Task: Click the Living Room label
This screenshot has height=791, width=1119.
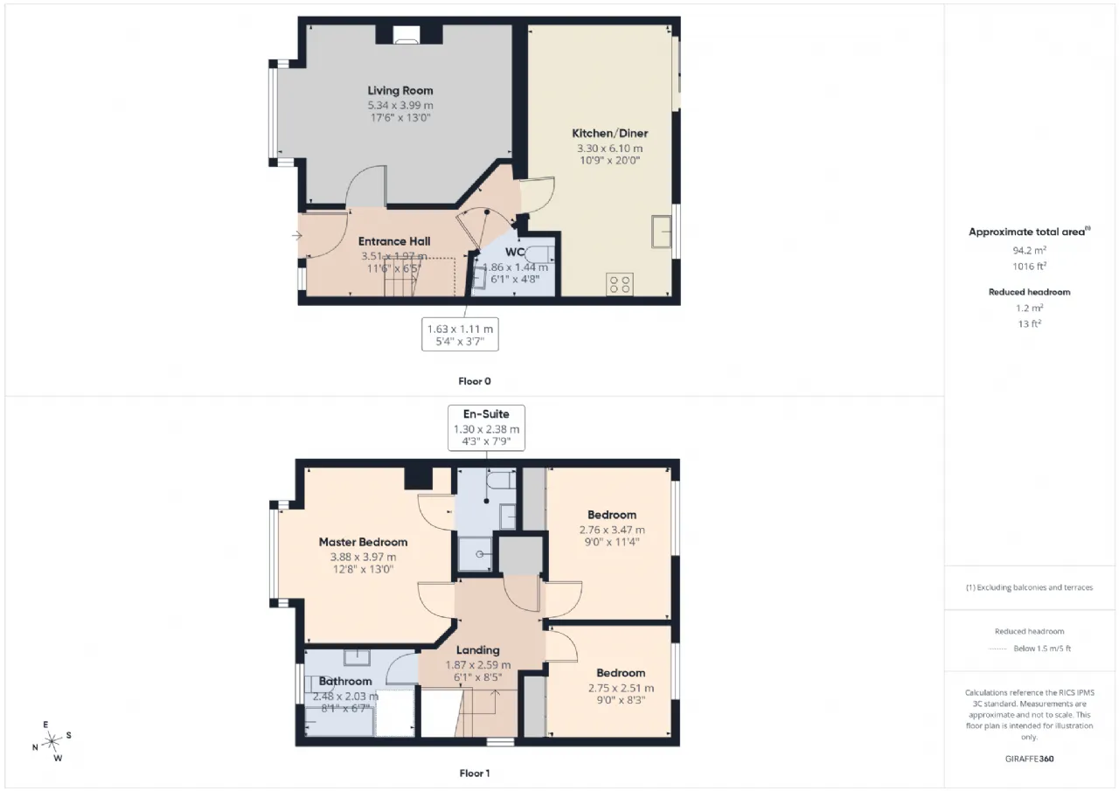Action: point(400,90)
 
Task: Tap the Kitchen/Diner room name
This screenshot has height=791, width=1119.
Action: point(609,134)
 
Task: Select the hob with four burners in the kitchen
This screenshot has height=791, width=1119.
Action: point(620,284)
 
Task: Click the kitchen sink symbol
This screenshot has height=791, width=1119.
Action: point(662,232)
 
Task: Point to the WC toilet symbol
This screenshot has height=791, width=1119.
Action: point(540,254)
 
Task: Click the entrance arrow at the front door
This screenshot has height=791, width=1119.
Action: point(297,235)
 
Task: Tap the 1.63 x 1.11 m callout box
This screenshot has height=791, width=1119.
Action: point(460,334)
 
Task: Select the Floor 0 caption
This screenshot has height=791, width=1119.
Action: point(475,381)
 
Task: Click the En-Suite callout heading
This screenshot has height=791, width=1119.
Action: point(486,414)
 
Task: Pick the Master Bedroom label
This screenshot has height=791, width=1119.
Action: point(363,542)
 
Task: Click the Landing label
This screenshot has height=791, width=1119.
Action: point(477,650)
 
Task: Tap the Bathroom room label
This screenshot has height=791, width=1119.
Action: point(345,681)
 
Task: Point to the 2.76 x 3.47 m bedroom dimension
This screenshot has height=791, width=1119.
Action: point(612,530)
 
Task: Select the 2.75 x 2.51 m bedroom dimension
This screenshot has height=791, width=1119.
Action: point(621,688)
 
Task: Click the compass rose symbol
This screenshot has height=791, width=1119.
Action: point(52,741)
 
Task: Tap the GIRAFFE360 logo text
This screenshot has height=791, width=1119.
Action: point(1029,759)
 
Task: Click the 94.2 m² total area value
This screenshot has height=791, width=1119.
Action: point(1029,250)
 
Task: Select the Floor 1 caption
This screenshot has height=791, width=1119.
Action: point(475,773)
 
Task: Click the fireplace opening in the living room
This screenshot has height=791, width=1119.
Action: point(406,35)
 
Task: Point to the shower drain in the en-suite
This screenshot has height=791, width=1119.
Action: point(480,554)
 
